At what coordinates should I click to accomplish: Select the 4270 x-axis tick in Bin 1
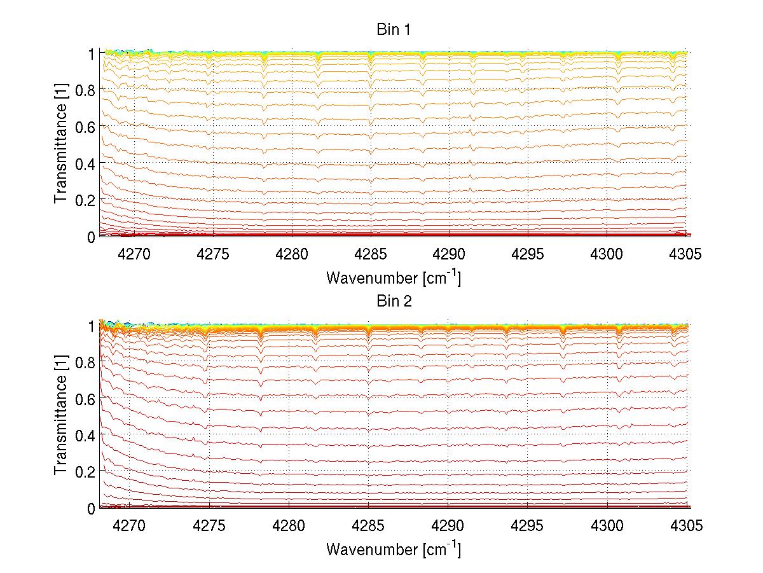(134, 254)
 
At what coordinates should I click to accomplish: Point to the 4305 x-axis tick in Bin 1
(686, 254)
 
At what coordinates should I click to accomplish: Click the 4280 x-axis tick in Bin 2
(289, 527)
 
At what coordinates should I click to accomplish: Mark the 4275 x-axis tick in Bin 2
(210, 527)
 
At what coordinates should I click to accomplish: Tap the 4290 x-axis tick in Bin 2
(448, 527)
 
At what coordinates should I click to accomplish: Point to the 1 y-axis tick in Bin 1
(92, 54)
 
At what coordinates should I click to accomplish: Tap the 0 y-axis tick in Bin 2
(92, 509)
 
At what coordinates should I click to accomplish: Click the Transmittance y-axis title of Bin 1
(61, 145)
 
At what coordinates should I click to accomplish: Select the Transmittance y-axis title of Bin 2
(61, 417)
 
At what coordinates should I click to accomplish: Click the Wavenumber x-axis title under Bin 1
(394, 277)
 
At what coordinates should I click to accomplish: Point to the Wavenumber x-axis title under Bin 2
(394, 549)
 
